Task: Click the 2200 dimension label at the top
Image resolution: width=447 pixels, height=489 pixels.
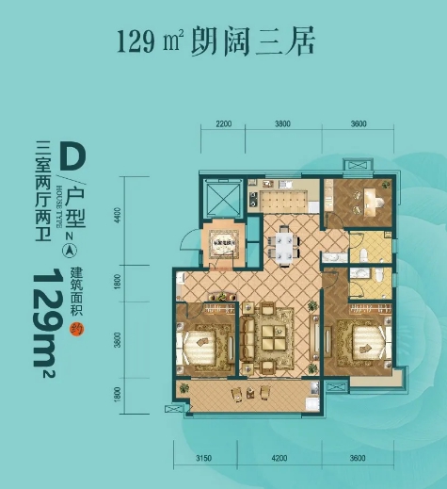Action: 223,124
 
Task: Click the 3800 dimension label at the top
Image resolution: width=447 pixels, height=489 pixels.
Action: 282,124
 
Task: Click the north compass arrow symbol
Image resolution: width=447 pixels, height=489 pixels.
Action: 69,251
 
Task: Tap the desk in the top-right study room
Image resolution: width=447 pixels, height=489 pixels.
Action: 374,198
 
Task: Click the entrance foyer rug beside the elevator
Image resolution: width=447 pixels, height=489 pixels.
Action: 226,242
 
